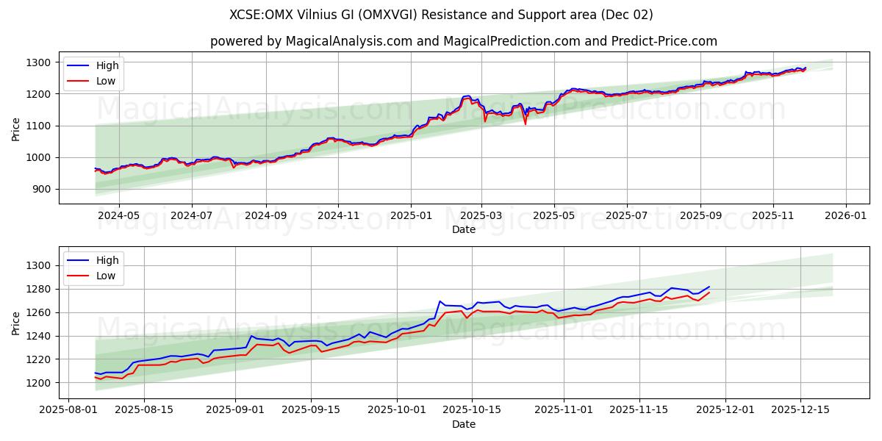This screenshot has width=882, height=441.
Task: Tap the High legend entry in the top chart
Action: (x=107, y=65)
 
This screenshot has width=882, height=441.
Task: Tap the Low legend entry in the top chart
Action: (x=106, y=81)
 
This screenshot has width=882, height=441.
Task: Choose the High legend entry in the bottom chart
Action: (x=107, y=259)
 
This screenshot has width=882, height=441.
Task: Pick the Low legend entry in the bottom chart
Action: (x=106, y=276)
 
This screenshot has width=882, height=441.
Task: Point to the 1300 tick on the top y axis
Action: (x=37, y=62)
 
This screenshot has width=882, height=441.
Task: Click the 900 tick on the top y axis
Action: (x=40, y=189)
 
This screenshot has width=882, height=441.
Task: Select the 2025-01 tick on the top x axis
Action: (x=410, y=217)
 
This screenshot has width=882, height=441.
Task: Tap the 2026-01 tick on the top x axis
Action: (x=845, y=217)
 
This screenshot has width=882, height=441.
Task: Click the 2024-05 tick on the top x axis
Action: (x=118, y=217)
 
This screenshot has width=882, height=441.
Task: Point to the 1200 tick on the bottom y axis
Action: (x=37, y=383)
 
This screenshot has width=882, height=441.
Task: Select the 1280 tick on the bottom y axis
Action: (x=37, y=289)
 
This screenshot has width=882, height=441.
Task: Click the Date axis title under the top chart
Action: (x=463, y=229)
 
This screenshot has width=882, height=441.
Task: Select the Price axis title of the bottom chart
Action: (x=16, y=323)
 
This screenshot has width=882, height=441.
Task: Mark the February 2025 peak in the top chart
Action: (x=466, y=96)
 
